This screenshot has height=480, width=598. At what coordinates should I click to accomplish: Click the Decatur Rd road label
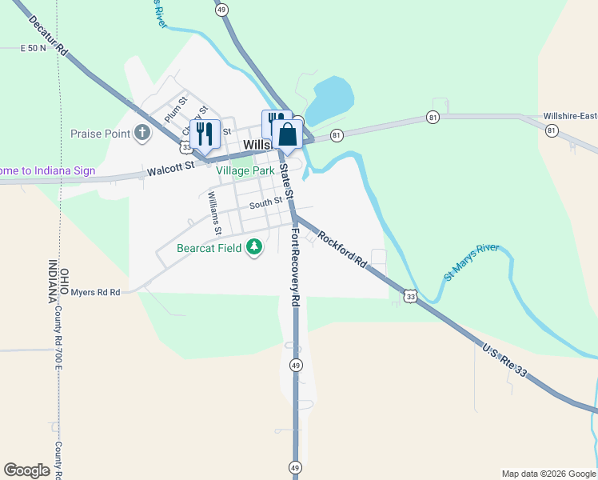tap(48, 37)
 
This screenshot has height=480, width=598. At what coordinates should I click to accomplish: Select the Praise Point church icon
tap(142, 133)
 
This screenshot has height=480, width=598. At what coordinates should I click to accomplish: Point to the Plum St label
tap(175, 109)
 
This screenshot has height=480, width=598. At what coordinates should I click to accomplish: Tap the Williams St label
tap(214, 213)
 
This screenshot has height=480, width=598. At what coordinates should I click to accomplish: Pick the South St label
tap(265, 203)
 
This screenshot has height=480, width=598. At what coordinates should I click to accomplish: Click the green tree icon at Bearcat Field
tap(254, 248)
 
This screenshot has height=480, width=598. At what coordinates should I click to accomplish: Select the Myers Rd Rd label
tap(95, 293)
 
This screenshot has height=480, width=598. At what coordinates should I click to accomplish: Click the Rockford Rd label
tap(341, 250)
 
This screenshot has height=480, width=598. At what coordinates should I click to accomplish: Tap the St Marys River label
tap(472, 262)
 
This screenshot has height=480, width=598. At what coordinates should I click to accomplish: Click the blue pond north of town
tap(329, 100)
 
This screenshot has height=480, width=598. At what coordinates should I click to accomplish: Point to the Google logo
tap(27, 470)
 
